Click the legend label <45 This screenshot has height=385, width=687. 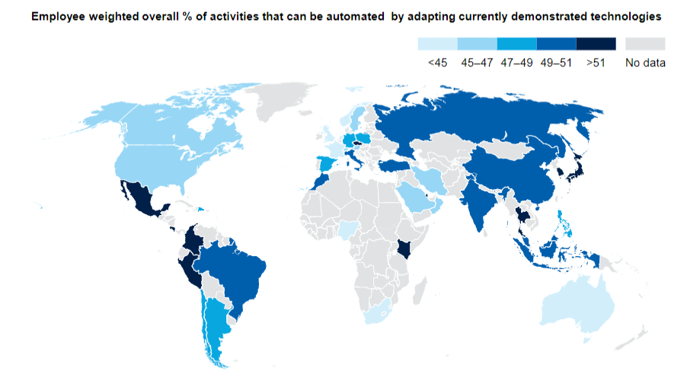point(437,63)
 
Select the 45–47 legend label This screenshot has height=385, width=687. point(477,63)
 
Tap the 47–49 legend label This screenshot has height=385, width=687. point(516,63)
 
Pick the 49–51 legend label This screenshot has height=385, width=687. point(556,63)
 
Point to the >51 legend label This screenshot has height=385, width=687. point(596,63)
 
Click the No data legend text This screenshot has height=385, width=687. point(645,63)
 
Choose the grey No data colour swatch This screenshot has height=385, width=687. point(645,43)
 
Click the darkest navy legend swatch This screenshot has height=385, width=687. point(596,43)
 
